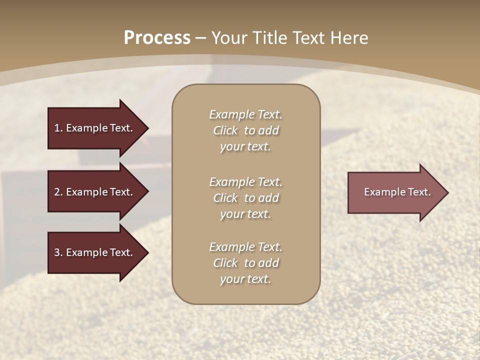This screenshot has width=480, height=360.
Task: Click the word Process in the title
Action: pyautogui.click(x=157, y=38)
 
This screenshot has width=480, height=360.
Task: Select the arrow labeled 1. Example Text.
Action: pyautogui.click(x=93, y=128)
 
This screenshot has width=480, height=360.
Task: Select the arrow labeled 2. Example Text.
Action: pyautogui.click(x=93, y=192)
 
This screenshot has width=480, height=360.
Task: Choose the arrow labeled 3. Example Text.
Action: pyautogui.click(x=93, y=252)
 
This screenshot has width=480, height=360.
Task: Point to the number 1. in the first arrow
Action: pyautogui.click(x=58, y=128)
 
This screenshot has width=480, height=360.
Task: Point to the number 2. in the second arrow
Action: pyautogui.click(x=58, y=192)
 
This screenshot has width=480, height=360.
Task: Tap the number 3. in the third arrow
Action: pyautogui.click(x=58, y=252)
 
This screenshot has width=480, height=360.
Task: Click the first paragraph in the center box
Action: pyautogui.click(x=245, y=130)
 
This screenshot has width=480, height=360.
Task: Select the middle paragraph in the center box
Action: pyautogui.click(x=245, y=198)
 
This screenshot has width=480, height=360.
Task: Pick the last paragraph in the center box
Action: pyautogui.click(x=245, y=263)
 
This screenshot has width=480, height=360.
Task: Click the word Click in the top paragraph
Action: pyautogui.click(x=225, y=130)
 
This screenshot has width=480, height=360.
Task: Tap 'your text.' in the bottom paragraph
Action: pyautogui.click(x=245, y=279)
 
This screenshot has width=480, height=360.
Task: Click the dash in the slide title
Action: pyautogui.click(x=201, y=38)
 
